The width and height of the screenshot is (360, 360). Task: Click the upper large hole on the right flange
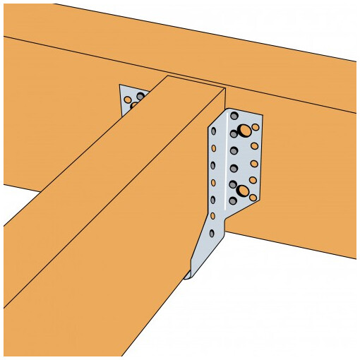click(x=244, y=130)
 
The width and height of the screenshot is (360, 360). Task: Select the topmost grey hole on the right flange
click(x=234, y=116)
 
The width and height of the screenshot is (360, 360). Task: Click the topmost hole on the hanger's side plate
click(x=213, y=132)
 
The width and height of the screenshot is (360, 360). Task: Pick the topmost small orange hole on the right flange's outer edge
click(x=256, y=128)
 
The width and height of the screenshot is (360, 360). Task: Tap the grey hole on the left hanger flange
click(x=140, y=96)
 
